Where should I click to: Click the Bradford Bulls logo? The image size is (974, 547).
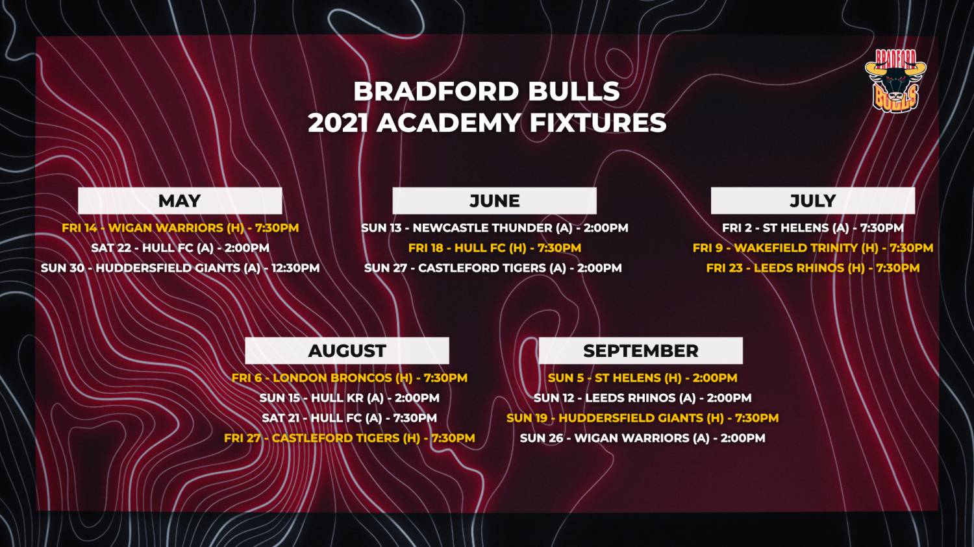click(895, 81)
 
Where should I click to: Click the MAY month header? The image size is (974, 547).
click(180, 201)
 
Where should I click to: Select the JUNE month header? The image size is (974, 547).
click(494, 201)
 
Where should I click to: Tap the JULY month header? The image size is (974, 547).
click(813, 201)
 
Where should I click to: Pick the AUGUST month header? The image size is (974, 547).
click(347, 350)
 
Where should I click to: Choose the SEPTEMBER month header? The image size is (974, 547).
click(640, 350)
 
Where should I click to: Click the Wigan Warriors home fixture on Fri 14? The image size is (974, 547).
click(181, 228)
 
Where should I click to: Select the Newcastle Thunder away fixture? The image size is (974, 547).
click(494, 228)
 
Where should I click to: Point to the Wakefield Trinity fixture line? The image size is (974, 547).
click(813, 248)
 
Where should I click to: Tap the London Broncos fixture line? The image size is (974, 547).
click(349, 378)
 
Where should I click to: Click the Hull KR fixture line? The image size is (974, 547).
click(349, 398)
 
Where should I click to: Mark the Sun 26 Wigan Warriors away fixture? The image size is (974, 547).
click(642, 437)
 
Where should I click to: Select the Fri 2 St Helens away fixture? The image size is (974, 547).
click(813, 228)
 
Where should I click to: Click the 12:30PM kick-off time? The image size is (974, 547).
click(295, 267)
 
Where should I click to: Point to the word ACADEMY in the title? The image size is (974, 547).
click(448, 123)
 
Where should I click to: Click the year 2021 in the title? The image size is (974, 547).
click(338, 123)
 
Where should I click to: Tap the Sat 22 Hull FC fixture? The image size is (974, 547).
click(180, 248)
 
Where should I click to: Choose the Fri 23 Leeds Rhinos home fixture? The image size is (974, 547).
click(813, 267)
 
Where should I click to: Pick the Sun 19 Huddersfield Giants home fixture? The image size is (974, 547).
click(642, 417)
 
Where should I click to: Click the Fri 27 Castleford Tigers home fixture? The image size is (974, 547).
click(349, 437)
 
